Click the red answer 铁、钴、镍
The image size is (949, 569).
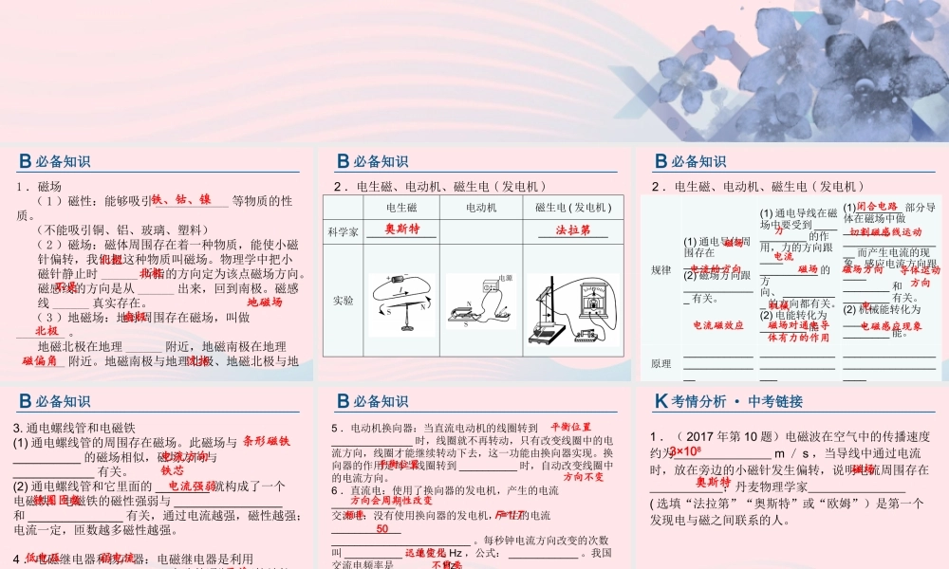point(181,200)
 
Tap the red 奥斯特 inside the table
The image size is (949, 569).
point(402,229)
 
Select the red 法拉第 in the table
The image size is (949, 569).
point(573,229)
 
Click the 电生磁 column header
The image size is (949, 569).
point(402,207)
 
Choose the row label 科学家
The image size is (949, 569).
point(343,229)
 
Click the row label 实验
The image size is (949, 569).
point(343,300)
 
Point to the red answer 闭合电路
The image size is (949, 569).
point(877,206)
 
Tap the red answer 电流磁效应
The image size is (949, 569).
point(717,325)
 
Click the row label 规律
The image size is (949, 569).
point(661,270)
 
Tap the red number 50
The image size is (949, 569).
point(381,529)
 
